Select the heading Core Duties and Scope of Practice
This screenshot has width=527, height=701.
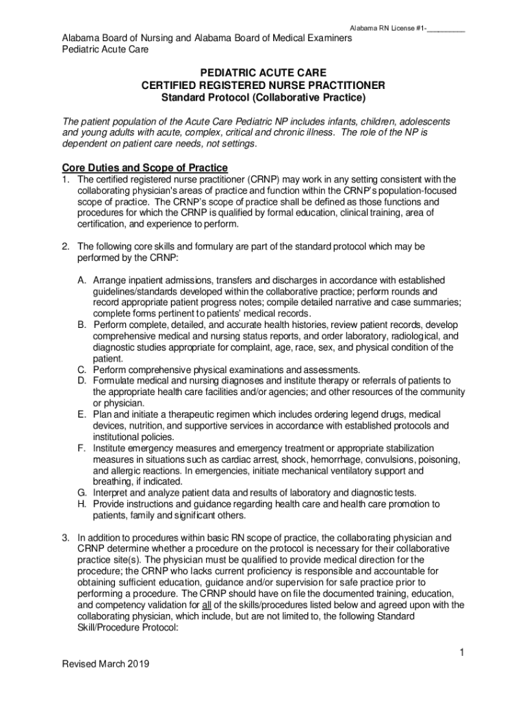coord(144,168)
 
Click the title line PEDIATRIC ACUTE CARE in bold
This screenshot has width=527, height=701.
coord(263,73)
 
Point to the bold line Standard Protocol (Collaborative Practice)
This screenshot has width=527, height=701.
coord(263,98)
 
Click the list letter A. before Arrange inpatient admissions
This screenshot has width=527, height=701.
coord(81,280)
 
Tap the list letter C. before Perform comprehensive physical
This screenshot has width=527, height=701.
coord(81,369)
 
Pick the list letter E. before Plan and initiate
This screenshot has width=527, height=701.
coord(81,414)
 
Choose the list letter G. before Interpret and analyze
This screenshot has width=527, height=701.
coord(81,492)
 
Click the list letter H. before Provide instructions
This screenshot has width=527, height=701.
coord(81,504)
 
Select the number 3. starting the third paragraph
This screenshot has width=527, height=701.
coord(66,537)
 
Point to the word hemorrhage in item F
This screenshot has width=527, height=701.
coord(342,459)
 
